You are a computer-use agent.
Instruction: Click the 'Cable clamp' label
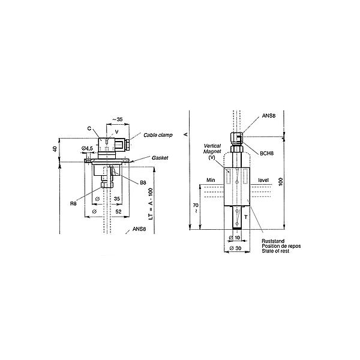(x=158, y=135)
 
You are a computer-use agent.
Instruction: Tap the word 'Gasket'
(x=160, y=158)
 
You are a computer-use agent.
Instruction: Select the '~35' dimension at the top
(x=118, y=119)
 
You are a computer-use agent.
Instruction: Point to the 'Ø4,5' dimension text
(x=87, y=149)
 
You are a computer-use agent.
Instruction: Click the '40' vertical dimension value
(x=55, y=149)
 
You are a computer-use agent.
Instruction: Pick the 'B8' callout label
(x=143, y=182)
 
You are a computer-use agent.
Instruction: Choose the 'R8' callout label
(x=73, y=203)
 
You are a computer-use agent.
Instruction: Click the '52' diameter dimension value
(x=118, y=211)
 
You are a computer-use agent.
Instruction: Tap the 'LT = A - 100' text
(x=151, y=204)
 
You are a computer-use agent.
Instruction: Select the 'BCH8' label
(x=267, y=154)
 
